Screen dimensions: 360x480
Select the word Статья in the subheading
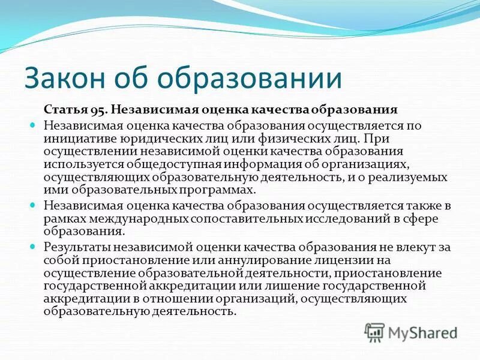pos(62,110)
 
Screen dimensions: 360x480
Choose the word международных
pos(139,218)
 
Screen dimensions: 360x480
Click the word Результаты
pos(76,247)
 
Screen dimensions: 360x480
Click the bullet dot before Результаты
pos(34,246)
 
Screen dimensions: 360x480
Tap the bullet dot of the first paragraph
pos(34,125)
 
